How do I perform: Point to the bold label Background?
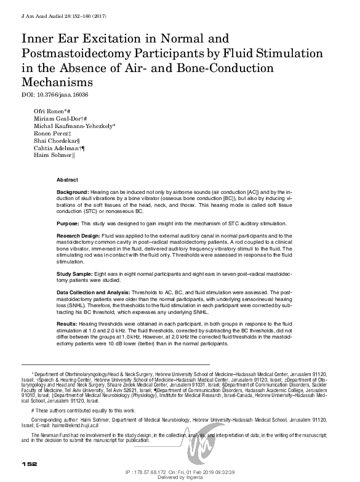(73, 193)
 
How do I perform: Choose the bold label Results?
(67, 324)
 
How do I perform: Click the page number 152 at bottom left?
(30, 463)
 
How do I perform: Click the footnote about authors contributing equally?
(84, 409)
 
